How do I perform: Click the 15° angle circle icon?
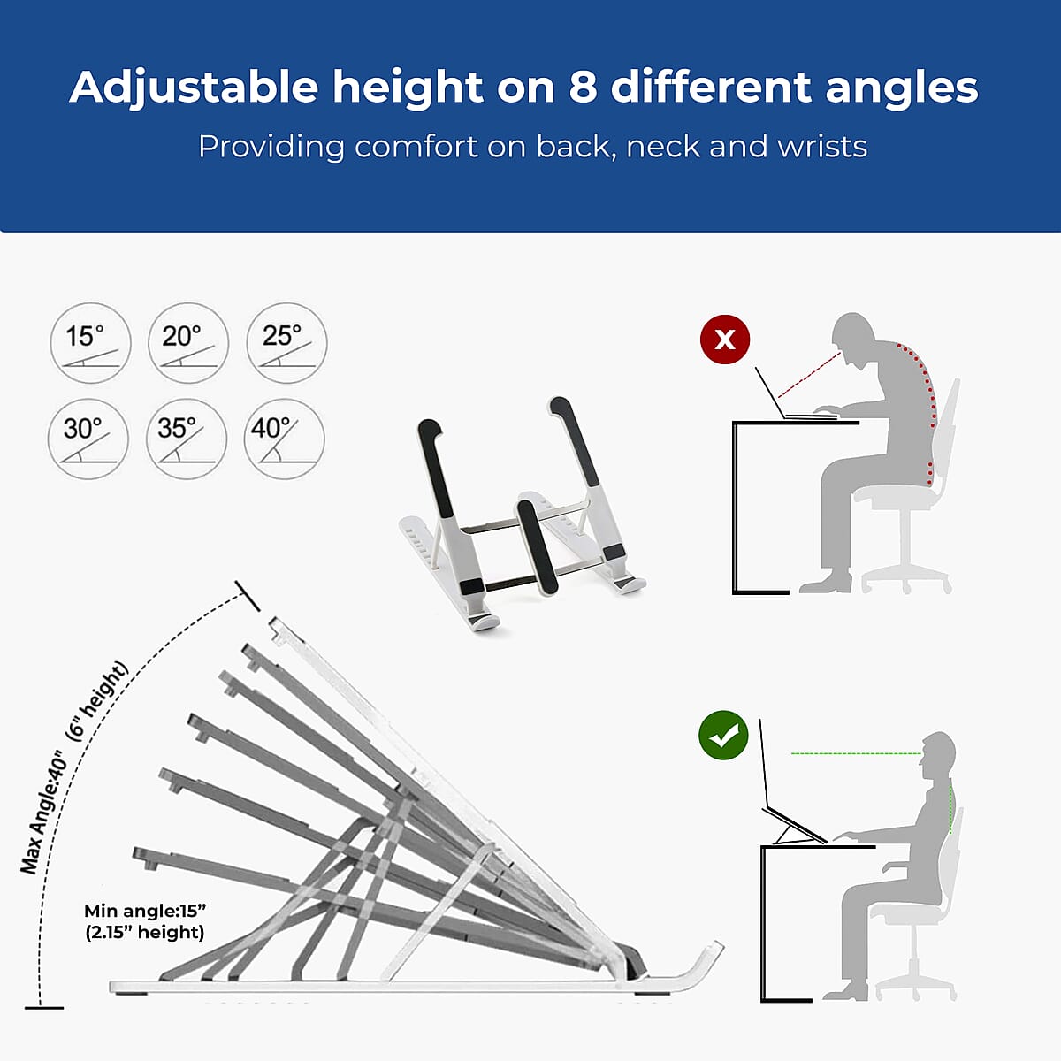[x=91, y=343]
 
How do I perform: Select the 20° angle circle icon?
[x=188, y=343]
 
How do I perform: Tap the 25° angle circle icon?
[x=286, y=343]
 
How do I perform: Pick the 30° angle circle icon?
[x=88, y=439]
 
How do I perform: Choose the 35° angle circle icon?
[x=187, y=439]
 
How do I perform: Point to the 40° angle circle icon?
[x=284, y=439]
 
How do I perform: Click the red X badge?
[x=725, y=340]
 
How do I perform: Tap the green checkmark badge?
[x=723, y=736]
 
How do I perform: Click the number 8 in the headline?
[x=583, y=88]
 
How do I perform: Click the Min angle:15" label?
[x=145, y=911]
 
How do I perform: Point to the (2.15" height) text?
[x=145, y=932]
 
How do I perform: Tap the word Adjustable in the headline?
[x=194, y=88]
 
